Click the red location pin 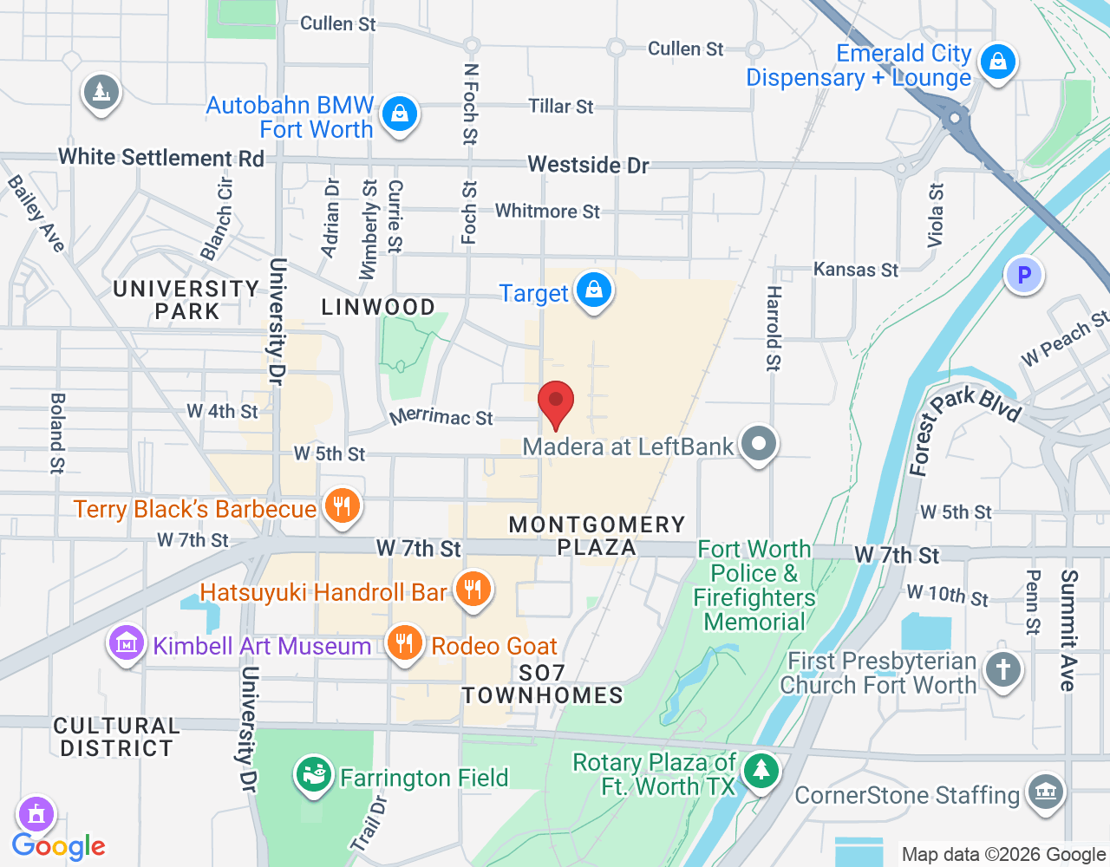click(x=556, y=403)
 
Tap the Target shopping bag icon click(x=594, y=290)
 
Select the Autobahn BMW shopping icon click(x=400, y=114)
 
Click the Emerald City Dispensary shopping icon click(x=997, y=62)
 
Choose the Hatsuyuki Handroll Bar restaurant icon click(x=473, y=590)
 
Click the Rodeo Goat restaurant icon click(x=404, y=643)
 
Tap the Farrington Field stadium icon click(x=313, y=773)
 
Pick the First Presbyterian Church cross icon click(x=1003, y=669)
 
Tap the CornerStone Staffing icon click(x=1045, y=791)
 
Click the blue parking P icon click(x=1024, y=276)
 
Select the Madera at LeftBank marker click(x=760, y=444)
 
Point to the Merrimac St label click(x=441, y=417)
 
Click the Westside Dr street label click(x=588, y=165)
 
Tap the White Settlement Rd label click(x=160, y=157)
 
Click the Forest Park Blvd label click(x=963, y=427)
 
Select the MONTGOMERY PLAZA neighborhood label click(x=597, y=536)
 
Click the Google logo click(x=59, y=846)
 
